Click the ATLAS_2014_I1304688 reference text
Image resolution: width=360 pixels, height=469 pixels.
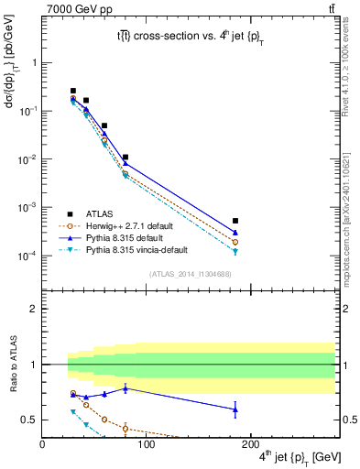pos(190,275)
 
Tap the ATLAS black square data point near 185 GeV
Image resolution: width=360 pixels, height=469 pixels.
pos(235,221)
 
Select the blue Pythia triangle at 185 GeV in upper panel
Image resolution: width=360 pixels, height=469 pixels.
pos(235,233)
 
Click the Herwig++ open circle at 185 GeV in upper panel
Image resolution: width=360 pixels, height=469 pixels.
pos(235,242)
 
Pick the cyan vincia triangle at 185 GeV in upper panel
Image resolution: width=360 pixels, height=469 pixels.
pos(235,251)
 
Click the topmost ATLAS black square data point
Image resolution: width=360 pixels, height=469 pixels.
pos(73,91)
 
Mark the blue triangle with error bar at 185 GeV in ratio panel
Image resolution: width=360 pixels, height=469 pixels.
pos(235,409)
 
